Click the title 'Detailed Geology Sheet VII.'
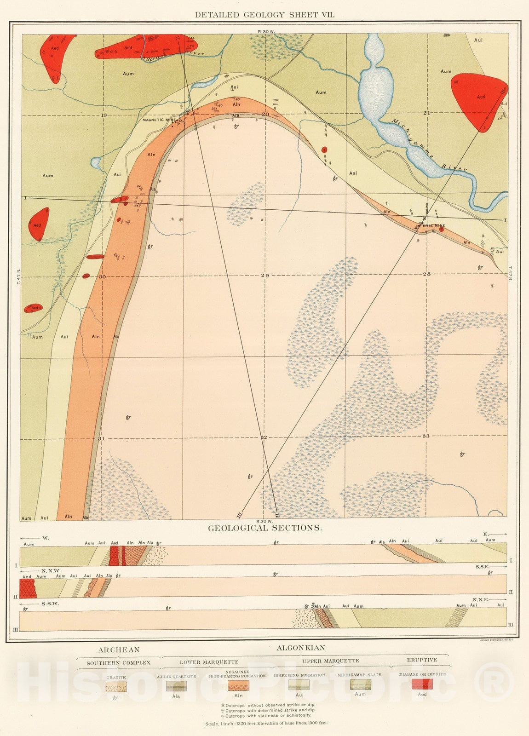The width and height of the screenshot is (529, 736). click(264, 15)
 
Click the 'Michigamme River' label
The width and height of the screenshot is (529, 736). click(429, 145)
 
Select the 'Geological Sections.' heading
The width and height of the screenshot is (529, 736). click(264, 528)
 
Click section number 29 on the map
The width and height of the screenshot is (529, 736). click(264, 276)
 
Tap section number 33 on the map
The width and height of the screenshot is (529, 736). click(425, 436)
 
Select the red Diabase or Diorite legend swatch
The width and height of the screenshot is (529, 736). click(422, 684)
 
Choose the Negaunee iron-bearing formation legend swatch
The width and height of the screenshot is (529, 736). click(238, 686)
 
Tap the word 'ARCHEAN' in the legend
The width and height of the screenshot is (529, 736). click(118, 650)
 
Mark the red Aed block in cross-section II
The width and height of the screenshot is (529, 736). click(28, 588)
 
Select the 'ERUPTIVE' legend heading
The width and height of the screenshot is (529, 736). click(421, 660)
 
